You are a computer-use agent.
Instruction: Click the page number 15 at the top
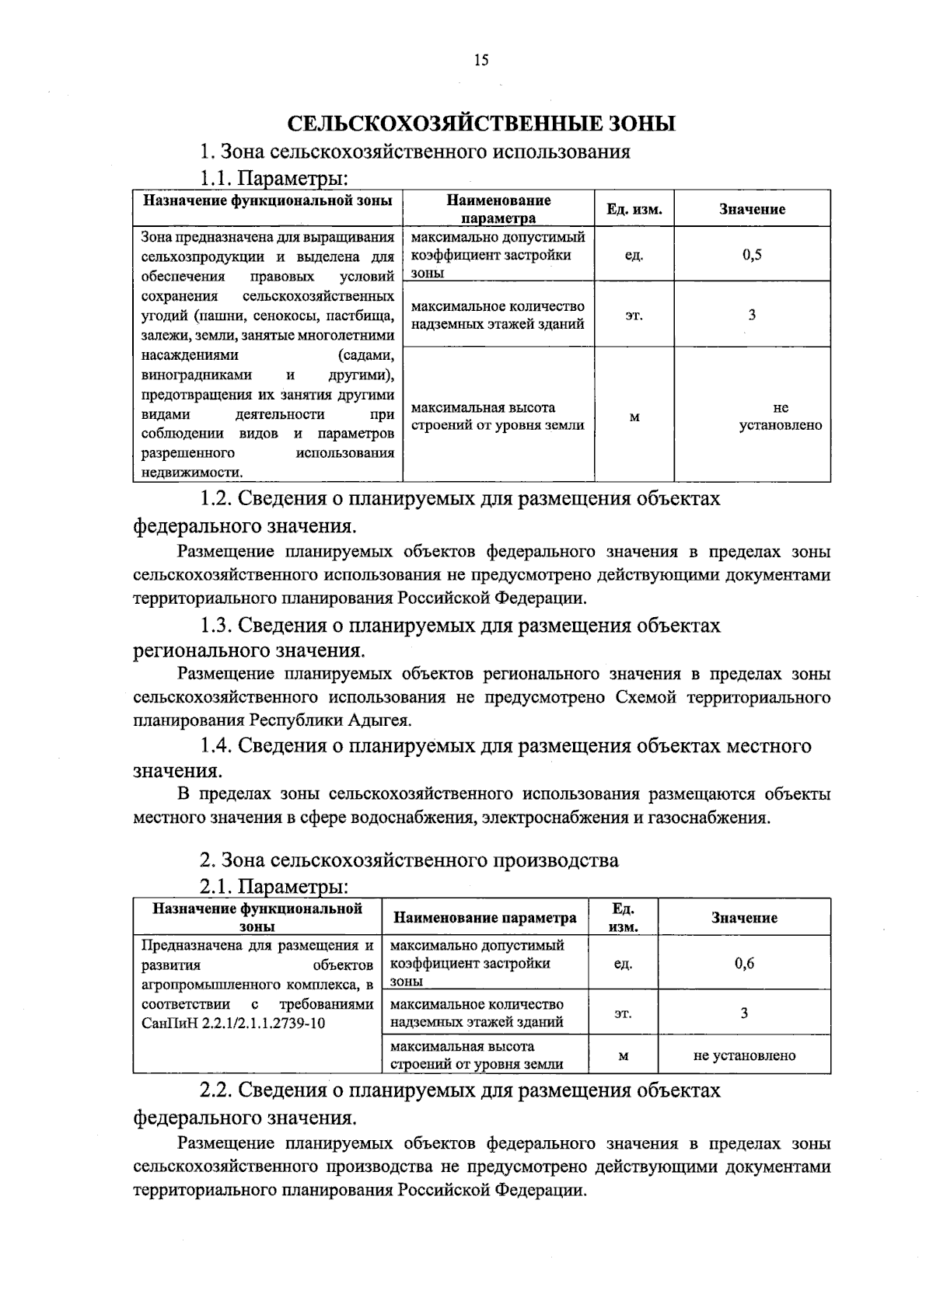pos(480,61)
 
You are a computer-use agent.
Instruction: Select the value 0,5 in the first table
pos(752,254)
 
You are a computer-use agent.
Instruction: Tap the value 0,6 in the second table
pos(744,963)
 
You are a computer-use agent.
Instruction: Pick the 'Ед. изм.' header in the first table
pos(634,209)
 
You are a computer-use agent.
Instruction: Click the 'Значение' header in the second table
pos(744,918)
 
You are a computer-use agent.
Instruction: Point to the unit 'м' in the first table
pos(634,417)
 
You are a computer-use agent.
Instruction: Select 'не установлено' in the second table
pos(744,1055)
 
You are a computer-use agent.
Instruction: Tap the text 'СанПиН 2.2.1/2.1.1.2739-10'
pos(233,1023)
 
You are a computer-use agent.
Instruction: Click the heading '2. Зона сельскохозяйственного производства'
pos(409,860)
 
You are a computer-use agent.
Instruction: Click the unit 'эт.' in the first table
pos(634,316)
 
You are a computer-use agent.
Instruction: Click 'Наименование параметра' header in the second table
pos(485,918)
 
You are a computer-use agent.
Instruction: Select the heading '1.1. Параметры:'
pos(273,179)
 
